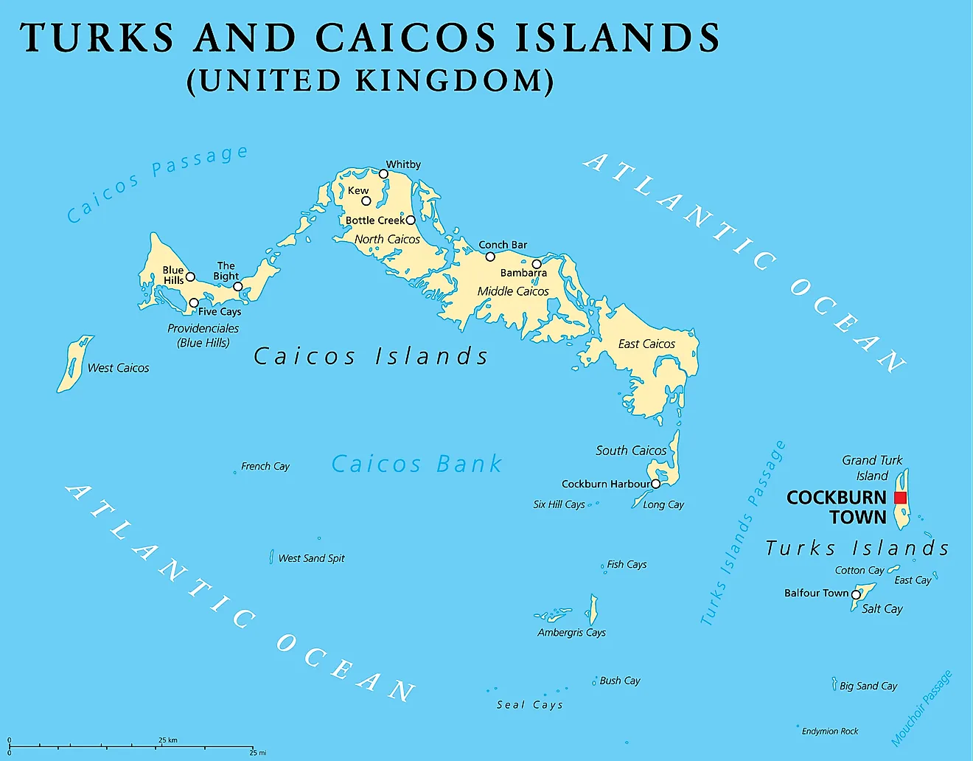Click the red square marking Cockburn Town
click(x=900, y=498)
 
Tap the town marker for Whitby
click(x=383, y=174)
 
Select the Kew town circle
click(x=366, y=201)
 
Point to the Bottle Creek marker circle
click(x=411, y=220)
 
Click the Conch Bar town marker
click(x=490, y=257)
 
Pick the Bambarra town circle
click(x=537, y=264)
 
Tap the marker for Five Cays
click(x=194, y=303)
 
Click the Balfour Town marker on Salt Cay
click(x=856, y=594)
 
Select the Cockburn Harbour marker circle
click(x=655, y=484)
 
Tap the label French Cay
click(x=265, y=466)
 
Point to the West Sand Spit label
click(x=311, y=558)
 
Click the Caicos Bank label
click(x=416, y=464)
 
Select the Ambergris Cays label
click(x=571, y=633)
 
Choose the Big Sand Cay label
click(x=868, y=686)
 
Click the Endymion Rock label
click(x=830, y=732)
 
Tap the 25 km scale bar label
click(x=168, y=740)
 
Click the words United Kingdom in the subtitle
click(x=370, y=80)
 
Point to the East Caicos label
click(x=646, y=344)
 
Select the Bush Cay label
click(x=620, y=681)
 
